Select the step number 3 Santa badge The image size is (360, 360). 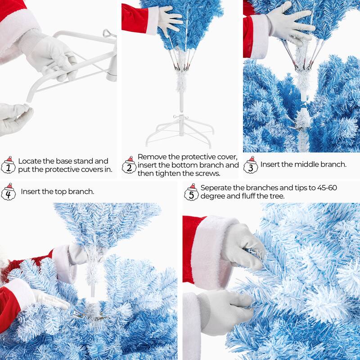[x=251, y=165]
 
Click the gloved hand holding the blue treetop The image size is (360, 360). [x=170, y=20]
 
